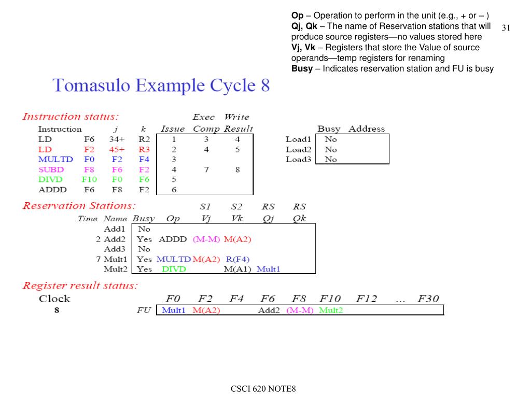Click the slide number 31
(x=506, y=28)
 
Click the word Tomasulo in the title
(x=91, y=85)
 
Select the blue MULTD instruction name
(x=55, y=160)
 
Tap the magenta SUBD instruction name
(x=51, y=169)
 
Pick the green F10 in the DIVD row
(x=89, y=179)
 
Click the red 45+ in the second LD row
(x=117, y=150)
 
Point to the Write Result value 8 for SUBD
(x=237, y=169)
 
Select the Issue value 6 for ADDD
(x=174, y=190)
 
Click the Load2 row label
(x=298, y=150)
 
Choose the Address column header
(x=367, y=129)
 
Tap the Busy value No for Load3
(x=330, y=160)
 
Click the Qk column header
(x=299, y=219)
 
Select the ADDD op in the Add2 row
(x=173, y=239)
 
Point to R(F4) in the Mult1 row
(x=237, y=259)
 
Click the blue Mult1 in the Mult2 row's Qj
(x=268, y=269)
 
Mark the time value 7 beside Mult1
(x=98, y=259)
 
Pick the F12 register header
(x=367, y=299)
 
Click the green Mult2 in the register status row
(x=331, y=310)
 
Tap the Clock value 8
(x=57, y=310)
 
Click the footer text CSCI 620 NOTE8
(x=263, y=389)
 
